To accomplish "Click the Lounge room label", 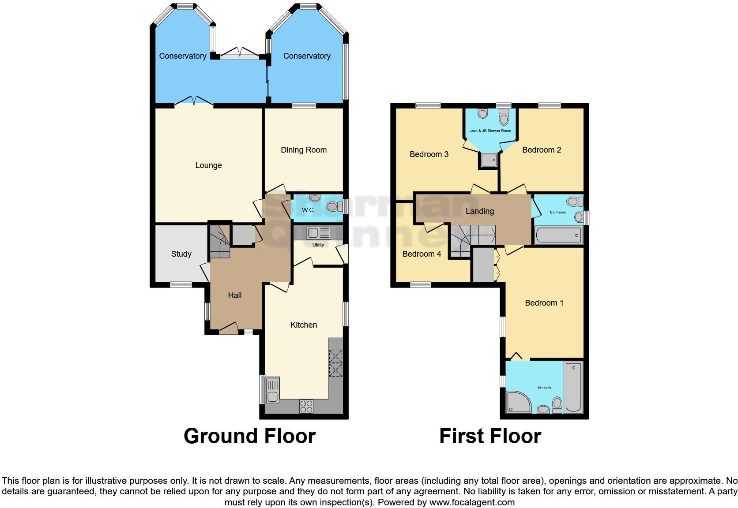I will [208, 165].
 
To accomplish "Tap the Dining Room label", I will [304, 150].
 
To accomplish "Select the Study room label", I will [181, 254].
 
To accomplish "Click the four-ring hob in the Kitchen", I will [306, 406].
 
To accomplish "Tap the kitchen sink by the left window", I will [272, 390].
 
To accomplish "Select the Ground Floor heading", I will [249, 436].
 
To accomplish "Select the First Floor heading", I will [490, 436].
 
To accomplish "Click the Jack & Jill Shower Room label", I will [490, 131].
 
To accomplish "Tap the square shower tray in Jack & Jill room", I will [488, 161].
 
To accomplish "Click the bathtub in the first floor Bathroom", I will [558, 236].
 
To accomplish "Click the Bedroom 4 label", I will [422, 254].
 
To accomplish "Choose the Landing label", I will [479, 211].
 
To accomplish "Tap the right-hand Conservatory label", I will [307, 56].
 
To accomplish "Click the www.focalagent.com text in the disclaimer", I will [471, 502].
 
